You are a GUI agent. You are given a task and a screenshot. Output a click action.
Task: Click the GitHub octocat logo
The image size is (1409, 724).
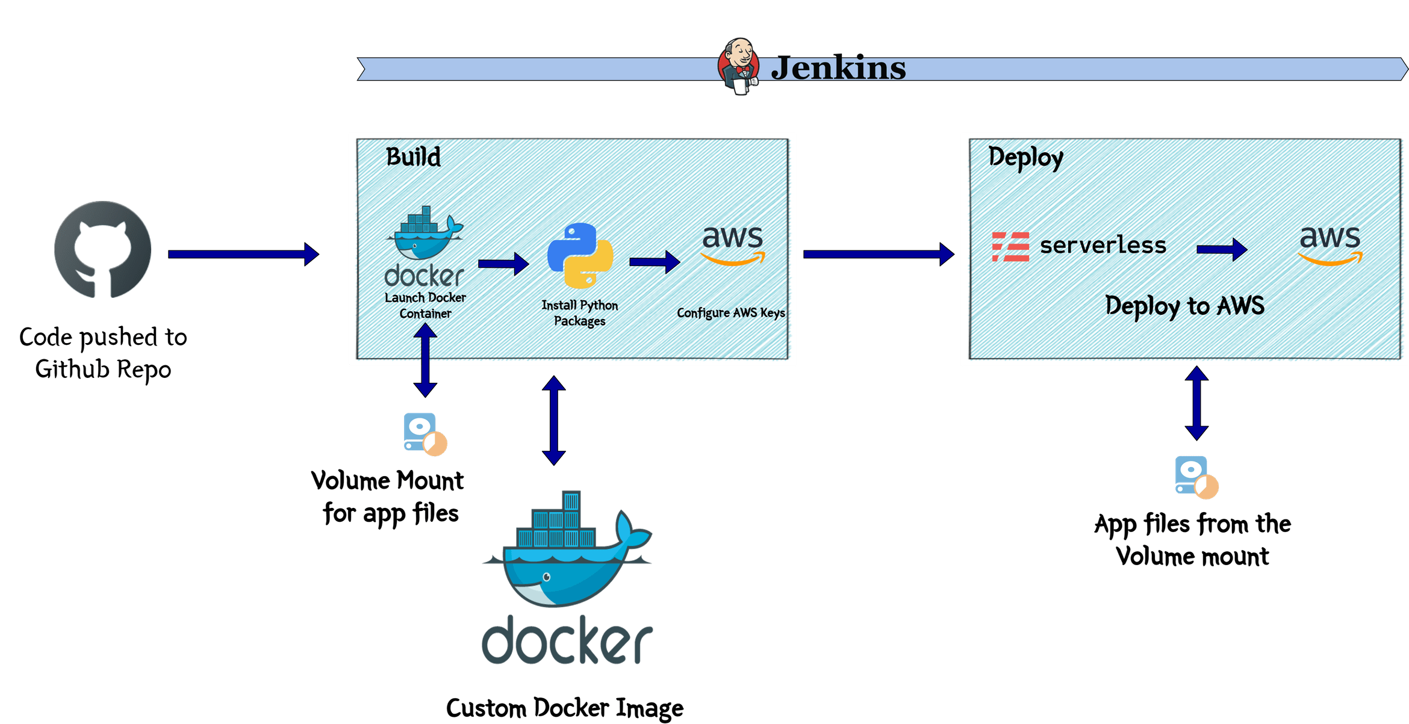pyautogui.click(x=102, y=250)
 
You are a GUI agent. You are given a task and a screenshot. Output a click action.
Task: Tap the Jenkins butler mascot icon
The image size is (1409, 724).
pyautogui.click(x=738, y=66)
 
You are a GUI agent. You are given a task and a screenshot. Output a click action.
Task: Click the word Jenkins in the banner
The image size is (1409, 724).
pyautogui.click(x=838, y=68)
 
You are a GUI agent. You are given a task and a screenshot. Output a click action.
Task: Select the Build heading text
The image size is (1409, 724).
pyautogui.click(x=413, y=157)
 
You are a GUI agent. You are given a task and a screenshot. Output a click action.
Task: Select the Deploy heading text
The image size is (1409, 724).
pyautogui.click(x=1025, y=158)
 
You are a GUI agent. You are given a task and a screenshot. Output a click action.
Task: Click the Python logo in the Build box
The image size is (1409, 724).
pyautogui.click(x=580, y=255)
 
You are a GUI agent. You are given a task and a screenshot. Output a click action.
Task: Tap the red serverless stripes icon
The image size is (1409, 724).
pyautogui.click(x=1010, y=247)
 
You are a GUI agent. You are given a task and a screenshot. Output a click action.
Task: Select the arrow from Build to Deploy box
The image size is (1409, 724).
pyautogui.click(x=878, y=254)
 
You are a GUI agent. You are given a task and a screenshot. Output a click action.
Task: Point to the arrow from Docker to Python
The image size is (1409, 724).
pyautogui.click(x=503, y=264)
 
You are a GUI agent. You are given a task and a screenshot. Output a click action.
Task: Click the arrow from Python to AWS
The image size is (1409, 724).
pyautogui.click(x=654, y=262)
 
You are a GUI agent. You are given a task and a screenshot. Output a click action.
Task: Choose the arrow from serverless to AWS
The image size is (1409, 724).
pyautogui.click(x=1221, y=249)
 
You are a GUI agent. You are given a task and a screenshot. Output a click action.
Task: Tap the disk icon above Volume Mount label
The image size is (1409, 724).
pyautogui.click(x=425, y=433)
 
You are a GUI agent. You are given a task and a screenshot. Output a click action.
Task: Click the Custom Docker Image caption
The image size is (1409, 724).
pyautogui.click(x=564, y=708)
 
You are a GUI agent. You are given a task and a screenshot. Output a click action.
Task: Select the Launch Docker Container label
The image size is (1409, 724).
pyautogui.click(x=425, y=305)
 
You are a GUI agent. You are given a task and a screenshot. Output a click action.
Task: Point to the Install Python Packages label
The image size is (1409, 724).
pyautogui.click(x=579, y=313)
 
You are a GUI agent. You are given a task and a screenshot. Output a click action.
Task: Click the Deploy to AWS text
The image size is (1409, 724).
pyautogui.click(x=1184, y=306)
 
